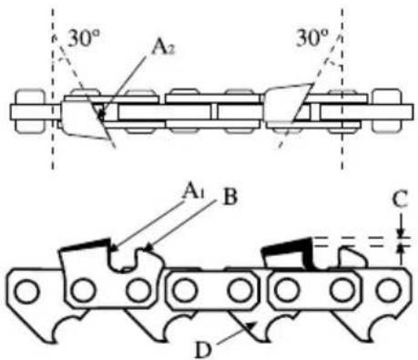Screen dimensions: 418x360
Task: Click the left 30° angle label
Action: (83, 38)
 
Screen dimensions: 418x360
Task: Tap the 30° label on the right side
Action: (313, 38)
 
